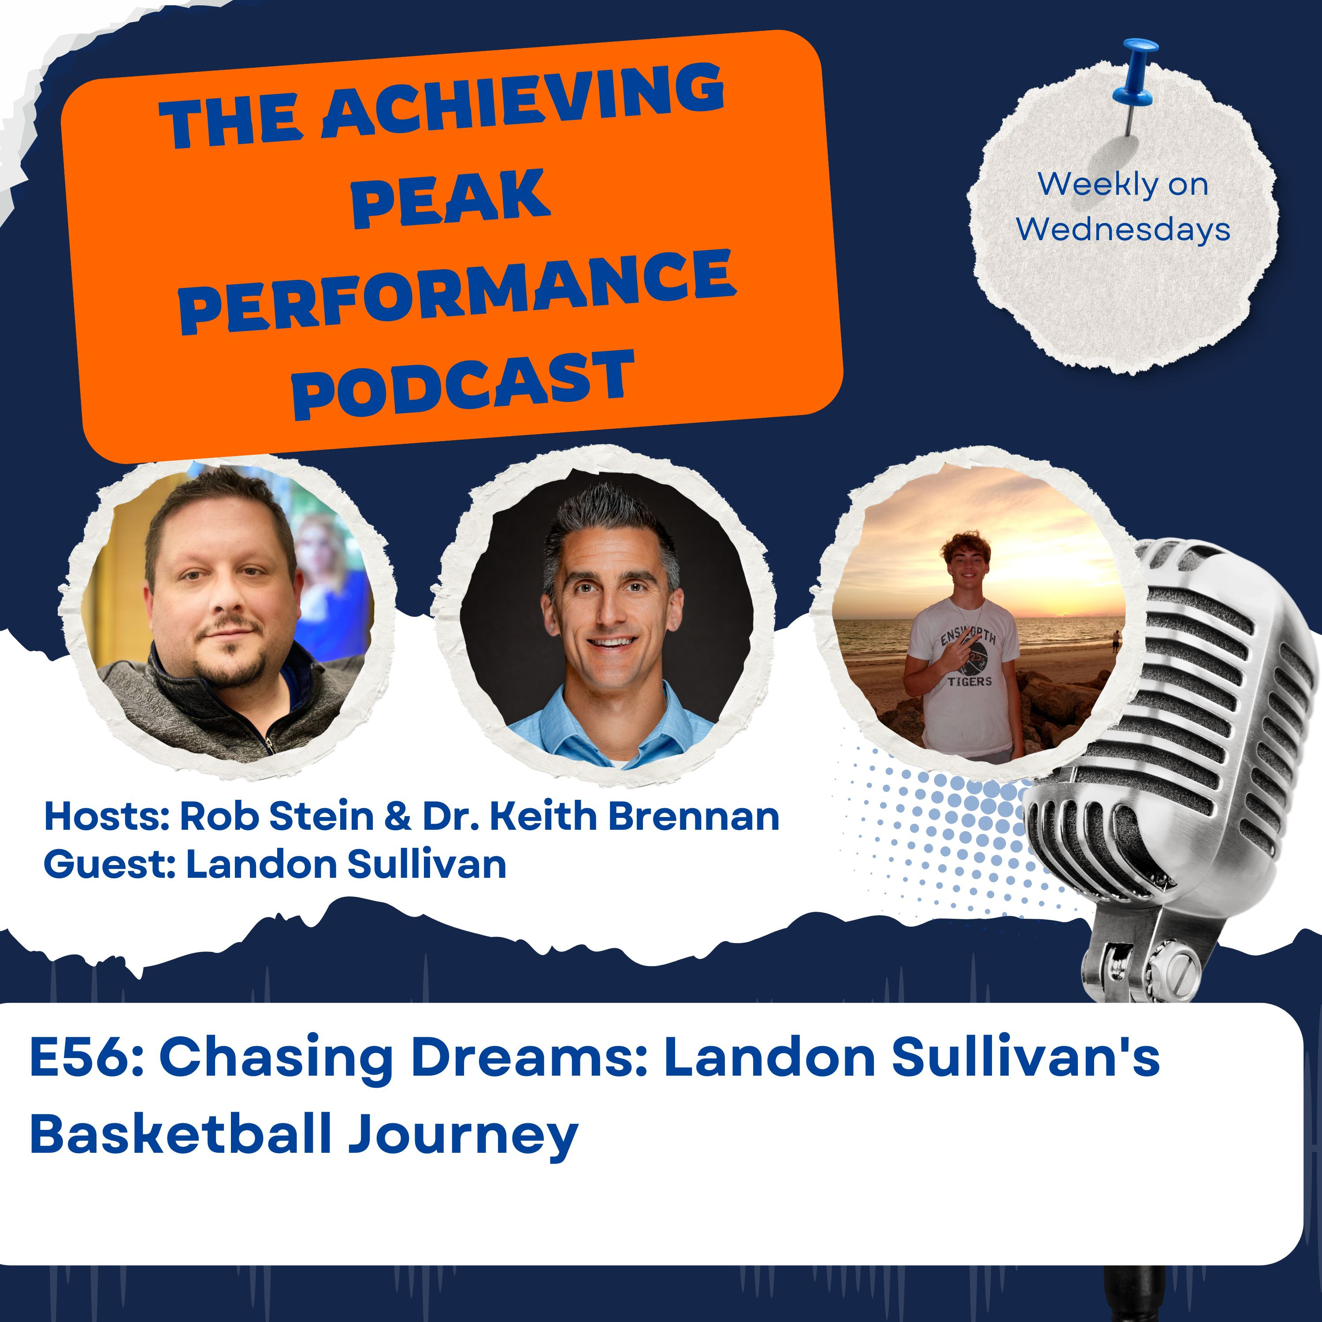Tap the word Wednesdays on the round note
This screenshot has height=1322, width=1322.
1123,230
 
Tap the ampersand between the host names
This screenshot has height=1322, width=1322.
397,816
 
